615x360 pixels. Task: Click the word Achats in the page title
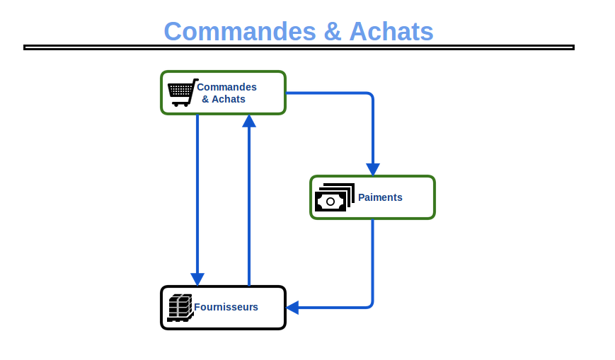click(x=391, y=32)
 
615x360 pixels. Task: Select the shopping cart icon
click(x=182, y=93)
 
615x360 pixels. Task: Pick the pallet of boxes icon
click(x=180, y=308)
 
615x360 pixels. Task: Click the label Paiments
click(x=380, y=197)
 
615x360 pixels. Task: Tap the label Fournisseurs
click(x=226, y=307)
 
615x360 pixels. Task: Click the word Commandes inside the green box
click(x=226, y=87)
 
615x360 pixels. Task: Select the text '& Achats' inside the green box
click(x=224, y=99)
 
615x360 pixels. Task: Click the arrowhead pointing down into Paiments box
click(x=373, y=170)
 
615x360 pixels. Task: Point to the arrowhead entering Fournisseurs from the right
click(x=292, y=308)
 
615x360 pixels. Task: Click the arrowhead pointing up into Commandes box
click(x=249, y=121)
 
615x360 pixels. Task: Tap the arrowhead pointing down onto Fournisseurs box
click(x=197, y=279)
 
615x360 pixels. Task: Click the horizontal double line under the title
click(x=299, y=47)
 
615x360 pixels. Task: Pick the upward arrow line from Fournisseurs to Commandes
click(x=249, y=205)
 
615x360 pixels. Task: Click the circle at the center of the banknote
click(x=331, y=202)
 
